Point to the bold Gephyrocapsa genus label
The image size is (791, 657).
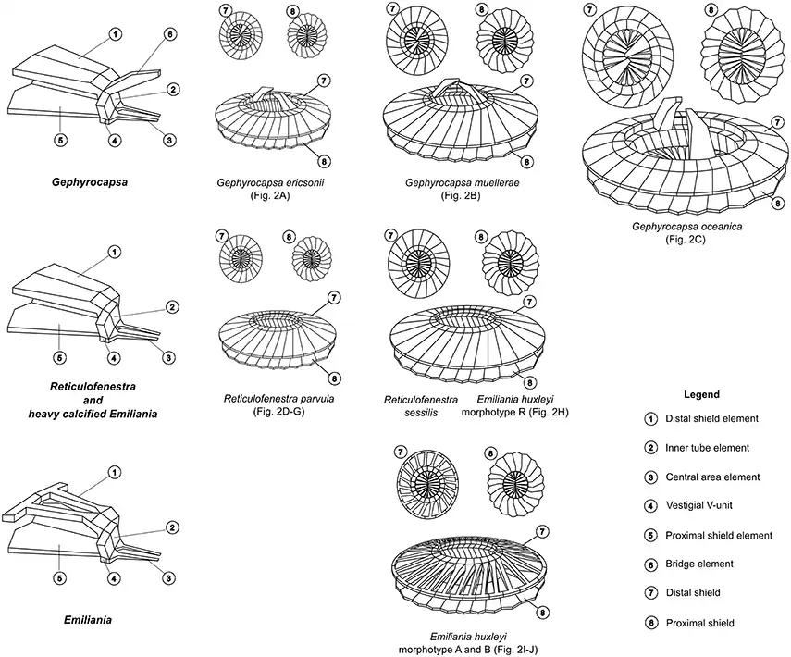point(77,183)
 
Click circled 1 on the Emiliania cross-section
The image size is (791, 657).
point(115,472)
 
